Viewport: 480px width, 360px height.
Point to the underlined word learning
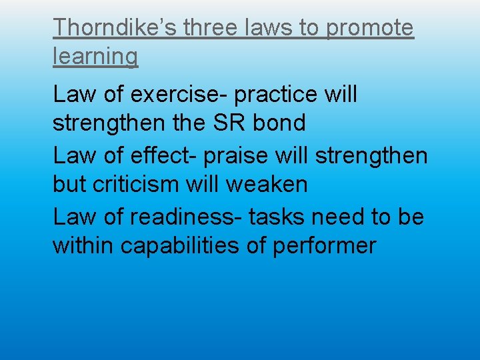pos(95,57)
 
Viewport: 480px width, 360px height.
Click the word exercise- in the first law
pos(179,95)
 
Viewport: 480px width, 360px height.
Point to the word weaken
pos(266,184)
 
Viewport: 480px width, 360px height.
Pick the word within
pos(83,245)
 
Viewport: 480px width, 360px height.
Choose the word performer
pos(325,246)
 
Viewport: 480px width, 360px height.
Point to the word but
pos(69,184)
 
